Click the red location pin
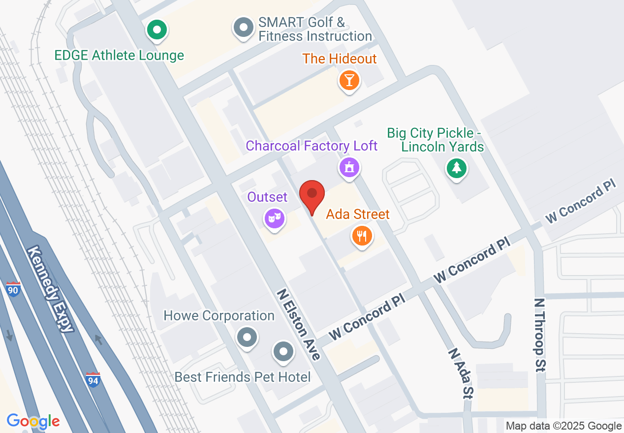click(x=312, y=196)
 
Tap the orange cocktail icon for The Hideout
click(x=349, y=80)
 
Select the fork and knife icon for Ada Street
click(x=362, y=236)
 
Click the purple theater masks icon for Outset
click(x=275, y=217)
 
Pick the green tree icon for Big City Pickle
click(x=457, y=169)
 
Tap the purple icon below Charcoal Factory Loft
click(x=349, y=167)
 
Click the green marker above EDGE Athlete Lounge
click(x=157, y=31)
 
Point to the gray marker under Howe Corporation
click(x=247, y=338)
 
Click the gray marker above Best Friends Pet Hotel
click(x=283, y=352)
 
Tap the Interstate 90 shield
click(x=14, y=289)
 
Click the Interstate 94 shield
click(x=93, y=379)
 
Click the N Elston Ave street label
click(x=299, y=324)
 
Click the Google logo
click(x=33, y=421)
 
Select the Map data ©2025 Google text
click(x=563, y=426)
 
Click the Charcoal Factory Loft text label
click(x=312, y=146)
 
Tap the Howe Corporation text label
click(x=219, y=315)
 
